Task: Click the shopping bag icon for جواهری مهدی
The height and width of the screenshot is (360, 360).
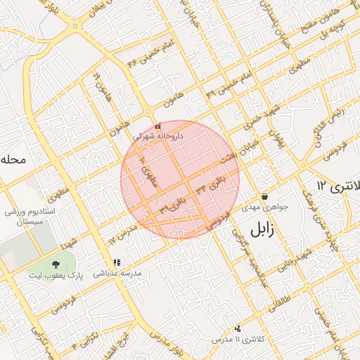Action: coord(264,196)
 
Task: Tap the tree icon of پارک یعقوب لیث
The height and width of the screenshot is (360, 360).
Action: coord(56,264)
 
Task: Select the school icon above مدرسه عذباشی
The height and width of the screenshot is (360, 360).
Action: coord(117,262)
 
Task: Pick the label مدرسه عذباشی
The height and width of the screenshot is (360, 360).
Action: coord(119,272)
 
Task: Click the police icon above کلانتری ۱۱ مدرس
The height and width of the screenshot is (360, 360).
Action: coord(238,328)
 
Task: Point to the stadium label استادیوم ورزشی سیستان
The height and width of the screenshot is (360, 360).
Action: coord(34,216)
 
